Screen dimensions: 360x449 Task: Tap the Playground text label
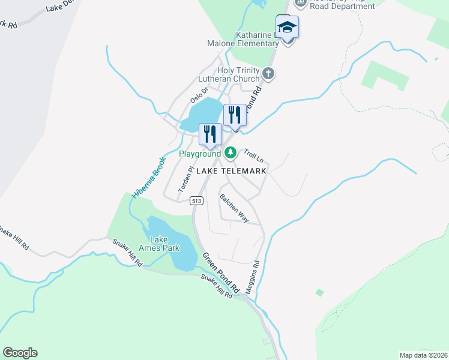point(200,154)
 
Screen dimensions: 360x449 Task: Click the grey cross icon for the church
point(268,74)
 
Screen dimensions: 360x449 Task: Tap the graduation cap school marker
point(288,28)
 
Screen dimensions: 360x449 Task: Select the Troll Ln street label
point(253,156)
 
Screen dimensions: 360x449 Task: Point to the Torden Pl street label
point(184,179)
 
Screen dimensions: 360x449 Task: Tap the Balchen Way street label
point(234,208)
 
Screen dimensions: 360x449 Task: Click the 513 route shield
point(196,200)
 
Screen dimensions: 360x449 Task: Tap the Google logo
point(20,353)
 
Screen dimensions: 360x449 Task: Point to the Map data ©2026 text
point(424,355)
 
